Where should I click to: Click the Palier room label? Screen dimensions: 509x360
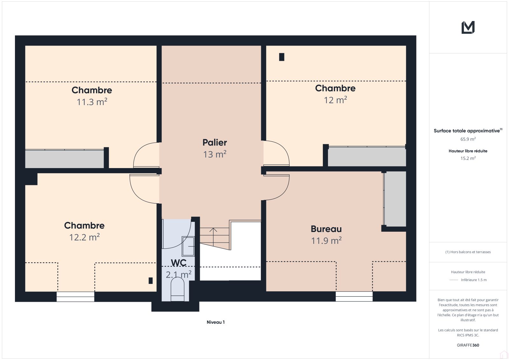[214, 143]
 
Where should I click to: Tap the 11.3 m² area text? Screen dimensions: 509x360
[92, 102]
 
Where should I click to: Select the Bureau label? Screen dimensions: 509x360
[326, 229]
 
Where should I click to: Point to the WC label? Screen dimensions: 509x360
[178, 263]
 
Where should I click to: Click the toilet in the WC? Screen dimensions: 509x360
[178, 290]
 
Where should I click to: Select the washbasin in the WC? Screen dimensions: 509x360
[188, 246]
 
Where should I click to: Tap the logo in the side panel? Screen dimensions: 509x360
[468, 27]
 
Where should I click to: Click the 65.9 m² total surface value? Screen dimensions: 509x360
[468, 139]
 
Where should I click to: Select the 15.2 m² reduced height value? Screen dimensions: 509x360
[468, 158]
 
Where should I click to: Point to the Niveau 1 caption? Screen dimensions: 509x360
[216, 322]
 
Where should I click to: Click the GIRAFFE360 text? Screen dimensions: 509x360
[468, 345]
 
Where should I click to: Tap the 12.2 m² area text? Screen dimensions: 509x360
[84, 237]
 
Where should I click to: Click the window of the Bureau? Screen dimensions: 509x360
[354, 296]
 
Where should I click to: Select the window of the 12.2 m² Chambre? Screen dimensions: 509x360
[75, 297]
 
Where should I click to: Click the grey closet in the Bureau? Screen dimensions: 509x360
[395, 199]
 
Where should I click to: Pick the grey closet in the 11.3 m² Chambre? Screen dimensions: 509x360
[64, 159]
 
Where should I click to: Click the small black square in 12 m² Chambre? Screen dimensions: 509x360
[282, 57]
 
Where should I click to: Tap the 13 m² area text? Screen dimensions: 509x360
[214, 154]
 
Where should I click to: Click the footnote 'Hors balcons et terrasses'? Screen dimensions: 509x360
[468, 252]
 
